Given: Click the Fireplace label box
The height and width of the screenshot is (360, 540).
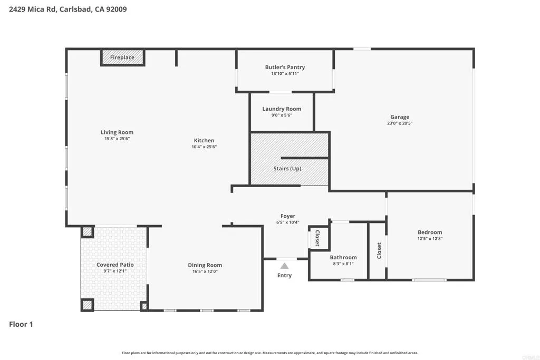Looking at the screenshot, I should (x=122, y=57).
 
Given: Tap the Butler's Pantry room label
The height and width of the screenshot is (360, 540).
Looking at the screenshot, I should (x=285, y=67).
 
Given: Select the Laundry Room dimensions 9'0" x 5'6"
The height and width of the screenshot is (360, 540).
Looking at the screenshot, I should (x=282, y=115).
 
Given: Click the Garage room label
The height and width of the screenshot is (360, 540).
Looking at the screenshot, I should (x=400, y=117).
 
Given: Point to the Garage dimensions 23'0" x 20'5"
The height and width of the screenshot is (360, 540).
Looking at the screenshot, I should (x=400, y=123).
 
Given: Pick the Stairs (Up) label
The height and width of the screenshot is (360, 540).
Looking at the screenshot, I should (x=287, y=169).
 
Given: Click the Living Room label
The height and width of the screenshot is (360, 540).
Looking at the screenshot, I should (x=117, y=132).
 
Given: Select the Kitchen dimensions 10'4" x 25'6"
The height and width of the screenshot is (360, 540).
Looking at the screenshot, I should (x=204, y=147).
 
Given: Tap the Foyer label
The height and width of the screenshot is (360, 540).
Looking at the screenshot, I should (x=288, y=216).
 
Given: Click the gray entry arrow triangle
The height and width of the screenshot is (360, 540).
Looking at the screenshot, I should (x=284, y=266).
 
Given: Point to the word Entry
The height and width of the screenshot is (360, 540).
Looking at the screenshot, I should (x=284, y=275).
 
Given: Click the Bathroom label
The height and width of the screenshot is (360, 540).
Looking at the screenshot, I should (x=343, y=257).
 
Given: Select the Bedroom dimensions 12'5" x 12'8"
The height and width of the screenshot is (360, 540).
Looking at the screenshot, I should (x=430, y=238).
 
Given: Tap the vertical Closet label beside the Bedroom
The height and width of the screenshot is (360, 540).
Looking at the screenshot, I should (x=379, y=250).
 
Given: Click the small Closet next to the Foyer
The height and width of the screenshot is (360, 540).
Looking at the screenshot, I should (x=317, y=238).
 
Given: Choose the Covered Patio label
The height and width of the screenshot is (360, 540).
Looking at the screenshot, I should (x=115, y=265).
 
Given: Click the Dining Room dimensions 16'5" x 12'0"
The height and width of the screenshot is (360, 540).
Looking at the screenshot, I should (x=205, y=271).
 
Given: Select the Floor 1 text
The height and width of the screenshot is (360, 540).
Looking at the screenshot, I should (x=21, y=324).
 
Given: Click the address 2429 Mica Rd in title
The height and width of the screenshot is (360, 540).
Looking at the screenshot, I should (x=33, y=9).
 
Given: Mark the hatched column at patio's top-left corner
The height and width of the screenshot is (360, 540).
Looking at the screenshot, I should (x=87, y=231).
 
